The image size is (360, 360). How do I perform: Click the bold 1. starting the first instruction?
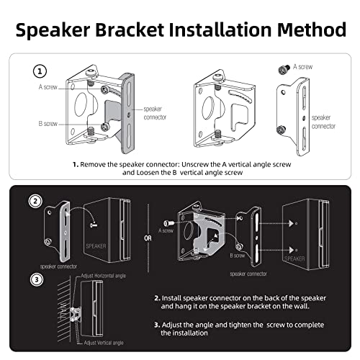(x=75, y=164)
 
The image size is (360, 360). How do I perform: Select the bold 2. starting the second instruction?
(x=157, y=297)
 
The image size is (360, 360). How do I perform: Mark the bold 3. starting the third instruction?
(x=157, y=324)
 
